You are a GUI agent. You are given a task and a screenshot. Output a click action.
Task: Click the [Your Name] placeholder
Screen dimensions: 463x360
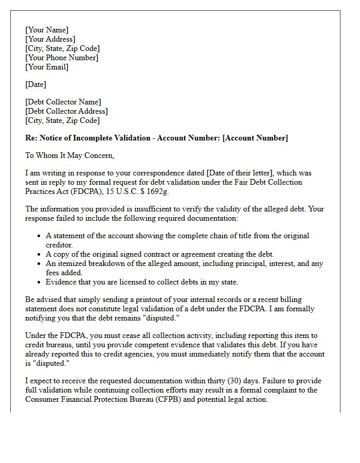click(x=47, y=30)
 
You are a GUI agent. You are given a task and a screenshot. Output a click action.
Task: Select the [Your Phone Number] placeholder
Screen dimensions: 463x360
click(x=62, y=58)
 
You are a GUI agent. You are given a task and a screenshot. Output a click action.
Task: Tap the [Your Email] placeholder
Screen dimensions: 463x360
click(x=47, y=67)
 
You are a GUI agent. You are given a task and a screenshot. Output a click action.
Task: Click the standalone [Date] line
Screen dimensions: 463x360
click(x=35, y=84)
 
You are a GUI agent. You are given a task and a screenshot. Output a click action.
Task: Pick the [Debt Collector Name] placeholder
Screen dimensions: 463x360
click(x=63, y=102)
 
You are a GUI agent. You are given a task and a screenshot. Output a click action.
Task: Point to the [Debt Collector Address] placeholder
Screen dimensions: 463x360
click(x=66, y=111)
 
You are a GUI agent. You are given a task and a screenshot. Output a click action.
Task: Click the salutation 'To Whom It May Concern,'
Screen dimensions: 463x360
click(x=69, y=155)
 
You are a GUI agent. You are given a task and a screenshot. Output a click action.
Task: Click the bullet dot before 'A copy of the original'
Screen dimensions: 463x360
click(x=40, y=254)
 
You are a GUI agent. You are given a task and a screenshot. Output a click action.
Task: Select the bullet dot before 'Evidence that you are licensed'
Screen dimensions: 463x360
click(x=40, y=282)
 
